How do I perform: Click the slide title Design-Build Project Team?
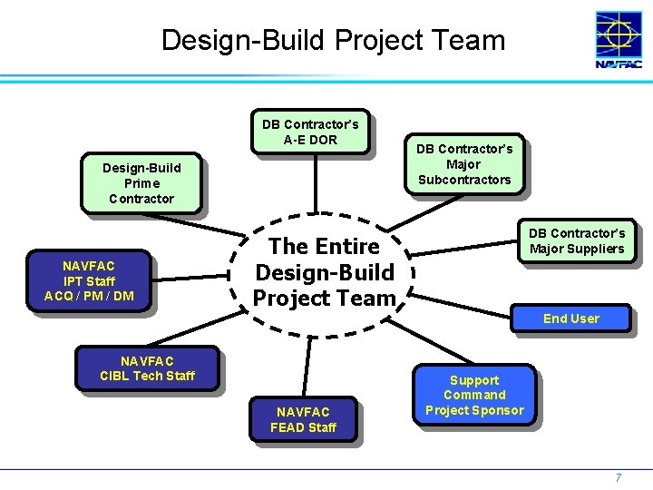[x=333, y=40]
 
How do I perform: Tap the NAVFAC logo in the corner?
[x=619, y=41]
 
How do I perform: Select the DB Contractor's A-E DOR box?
[x=310, y=132]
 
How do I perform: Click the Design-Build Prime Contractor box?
[x=141, y=183]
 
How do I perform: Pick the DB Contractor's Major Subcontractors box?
[x=464, y=164]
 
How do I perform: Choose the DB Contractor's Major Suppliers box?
[x=577, y=241]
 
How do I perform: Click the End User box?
[x=570, y=318]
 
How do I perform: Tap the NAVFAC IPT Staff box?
[x=89, y=280]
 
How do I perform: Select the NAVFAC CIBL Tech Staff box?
[x=147, y=368]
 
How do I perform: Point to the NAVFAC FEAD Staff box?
[x=303, y=419]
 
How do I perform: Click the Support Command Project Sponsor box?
[x=474, y=396]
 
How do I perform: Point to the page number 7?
[x=619, y=477]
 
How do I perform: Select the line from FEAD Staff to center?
[x=308, y=367]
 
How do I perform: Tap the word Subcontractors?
[x=464, y=180]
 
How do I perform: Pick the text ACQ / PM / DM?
[x=89, y=296]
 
